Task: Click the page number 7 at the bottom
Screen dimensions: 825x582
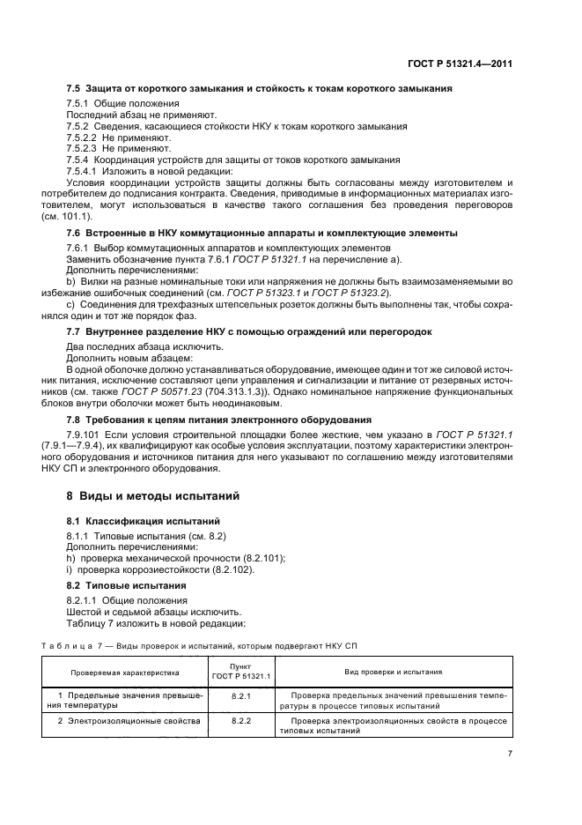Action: [x=510, y=754]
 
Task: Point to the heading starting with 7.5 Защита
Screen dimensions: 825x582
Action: [x=260, y=88]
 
